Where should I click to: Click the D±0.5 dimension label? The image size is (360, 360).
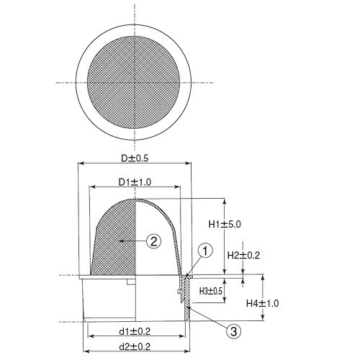[x=135, y=158]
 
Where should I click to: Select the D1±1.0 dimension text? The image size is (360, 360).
[x=135, y=182]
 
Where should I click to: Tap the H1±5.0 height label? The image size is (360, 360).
[x=225, y=225]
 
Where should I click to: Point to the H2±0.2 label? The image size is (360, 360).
[x=243, y=255]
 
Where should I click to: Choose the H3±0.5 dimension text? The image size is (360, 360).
[x=211, y=291]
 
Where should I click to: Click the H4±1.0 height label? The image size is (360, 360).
[x=263, y=303]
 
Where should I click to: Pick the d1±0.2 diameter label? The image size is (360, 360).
[x=135, y=331]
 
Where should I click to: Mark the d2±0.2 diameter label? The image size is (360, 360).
[x=135, y=346]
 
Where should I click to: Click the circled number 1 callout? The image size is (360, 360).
[x=205, y=251]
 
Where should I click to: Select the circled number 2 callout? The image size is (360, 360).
[x=153, y=240]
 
